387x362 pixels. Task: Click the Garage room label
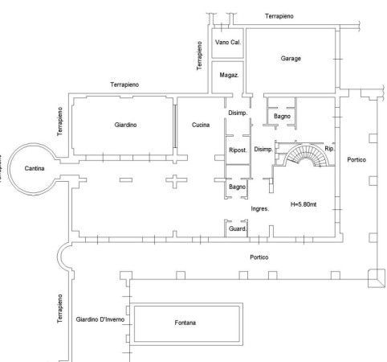(291, 59)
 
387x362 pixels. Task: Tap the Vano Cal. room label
(228, 42)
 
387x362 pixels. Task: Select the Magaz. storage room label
(229, 75)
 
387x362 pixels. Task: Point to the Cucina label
(201, 125)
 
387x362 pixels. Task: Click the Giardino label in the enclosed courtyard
(125, 125)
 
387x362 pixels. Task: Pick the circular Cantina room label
(35, 168)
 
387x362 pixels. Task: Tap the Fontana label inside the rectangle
(185, 323)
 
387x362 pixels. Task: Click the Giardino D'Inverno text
(100, 319)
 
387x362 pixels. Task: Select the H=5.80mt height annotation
(303, 204)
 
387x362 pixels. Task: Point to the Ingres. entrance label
(260, 209)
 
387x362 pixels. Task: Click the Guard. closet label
(238, 228)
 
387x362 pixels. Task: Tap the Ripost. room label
(238, 150)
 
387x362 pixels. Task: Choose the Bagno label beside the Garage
(282, 117)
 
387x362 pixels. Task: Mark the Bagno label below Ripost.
(237, 187)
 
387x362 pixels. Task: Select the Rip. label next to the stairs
(329, 149)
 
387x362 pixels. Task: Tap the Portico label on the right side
(356, 160)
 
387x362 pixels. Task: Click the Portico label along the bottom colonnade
(259, 257)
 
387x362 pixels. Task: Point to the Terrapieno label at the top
(279, 16)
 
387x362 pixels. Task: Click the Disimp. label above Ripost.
(238, 113)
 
